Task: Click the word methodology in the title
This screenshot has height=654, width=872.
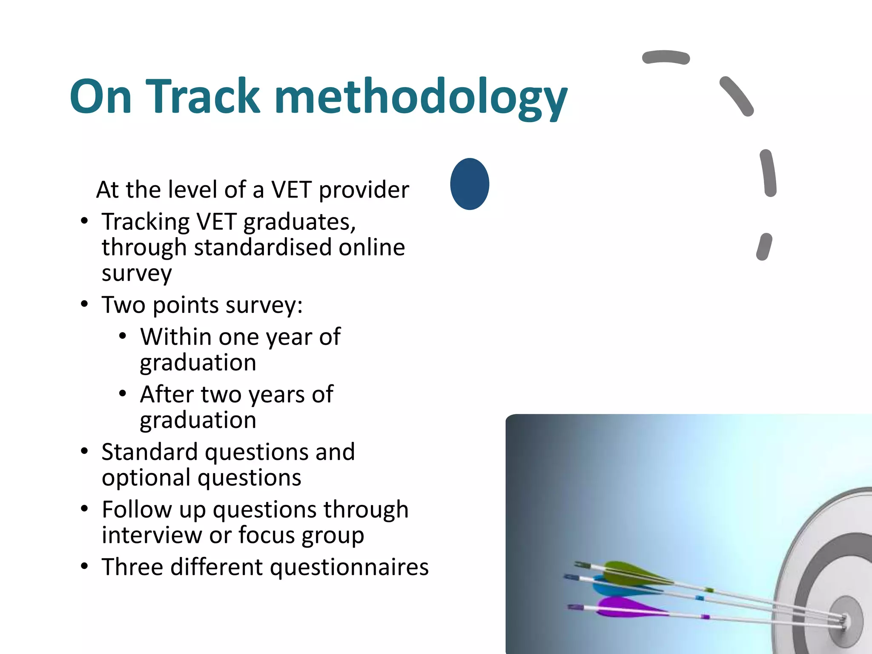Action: [x=422, y=97]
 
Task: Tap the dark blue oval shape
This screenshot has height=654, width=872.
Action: [x=470, y=184]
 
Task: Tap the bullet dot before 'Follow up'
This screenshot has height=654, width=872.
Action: [x=85, y=509]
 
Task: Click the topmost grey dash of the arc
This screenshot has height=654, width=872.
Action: [x=665, y=57]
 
